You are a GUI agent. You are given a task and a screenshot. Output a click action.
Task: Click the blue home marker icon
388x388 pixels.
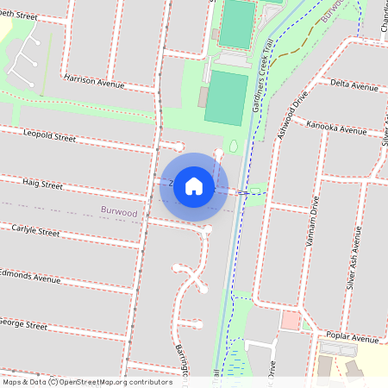194,186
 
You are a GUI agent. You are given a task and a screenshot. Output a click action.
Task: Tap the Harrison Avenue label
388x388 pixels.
95,79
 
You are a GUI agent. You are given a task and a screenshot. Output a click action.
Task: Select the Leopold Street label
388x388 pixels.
50,136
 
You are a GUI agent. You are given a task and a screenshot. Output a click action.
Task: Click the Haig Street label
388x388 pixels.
42,185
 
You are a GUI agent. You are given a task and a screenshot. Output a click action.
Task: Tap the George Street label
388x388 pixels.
23,325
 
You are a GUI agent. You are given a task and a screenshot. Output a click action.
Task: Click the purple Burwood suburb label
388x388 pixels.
118,211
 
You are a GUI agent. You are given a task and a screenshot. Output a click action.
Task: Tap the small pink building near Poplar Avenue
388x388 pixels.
291,321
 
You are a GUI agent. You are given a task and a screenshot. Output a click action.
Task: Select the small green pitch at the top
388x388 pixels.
236,24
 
